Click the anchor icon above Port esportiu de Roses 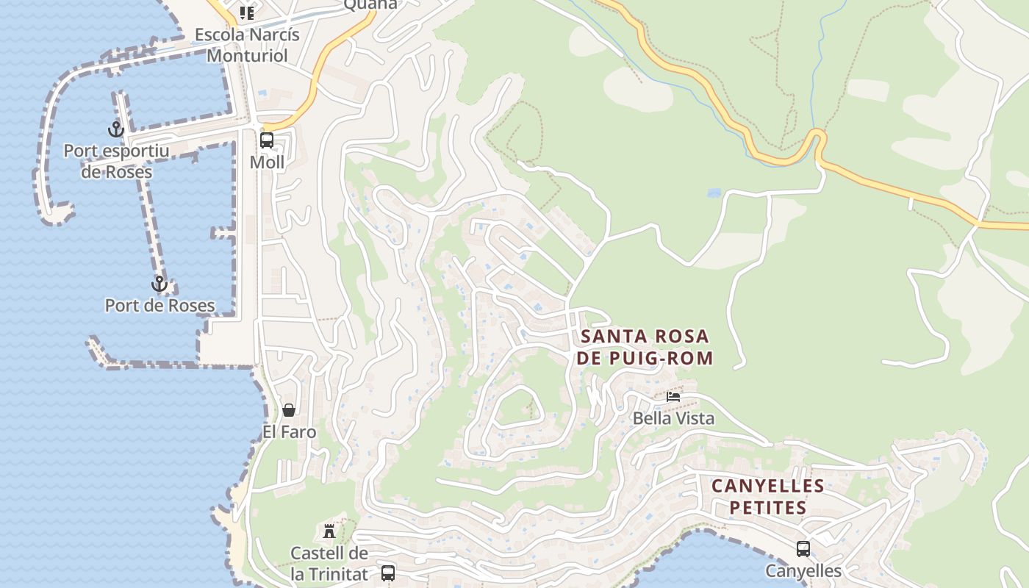(x=115, y=129)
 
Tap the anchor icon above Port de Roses (x=159, y=284)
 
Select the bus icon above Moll (x=267, y=140)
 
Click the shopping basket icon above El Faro (x=289, y=409)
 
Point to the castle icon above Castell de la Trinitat (x=329, y=531)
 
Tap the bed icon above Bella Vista (x=673, y=397)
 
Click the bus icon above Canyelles (x=803, y=548)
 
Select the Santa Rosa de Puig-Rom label (x=645, y=347)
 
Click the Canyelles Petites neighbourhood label (x=767, y=496)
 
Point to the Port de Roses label (x=159, y=305)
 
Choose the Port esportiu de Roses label (x=116, y=161)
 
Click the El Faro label (x=290, y=431)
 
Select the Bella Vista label (x=673, y=418)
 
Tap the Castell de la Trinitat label (x=329, y=563)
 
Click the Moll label (x=267, y=162)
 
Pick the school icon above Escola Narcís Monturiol (x=247, y=12)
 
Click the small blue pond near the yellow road (x=713, y=193)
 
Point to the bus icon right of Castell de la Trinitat (x=387, y=573)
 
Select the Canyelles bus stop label (x=803, y=570)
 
